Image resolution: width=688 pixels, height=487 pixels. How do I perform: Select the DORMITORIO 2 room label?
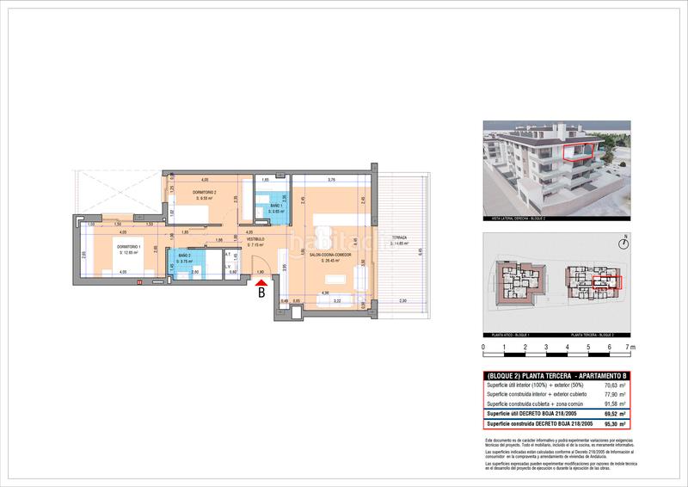(x=203, y=192)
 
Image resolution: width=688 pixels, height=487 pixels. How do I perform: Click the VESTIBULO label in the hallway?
(x=256, y=239)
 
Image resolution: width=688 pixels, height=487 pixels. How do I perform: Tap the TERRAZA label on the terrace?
(x=398, y=238)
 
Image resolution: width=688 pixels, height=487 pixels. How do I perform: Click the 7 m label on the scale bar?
(x=630, y=348)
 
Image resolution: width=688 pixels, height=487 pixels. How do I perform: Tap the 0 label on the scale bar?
(x=483, y=348)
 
